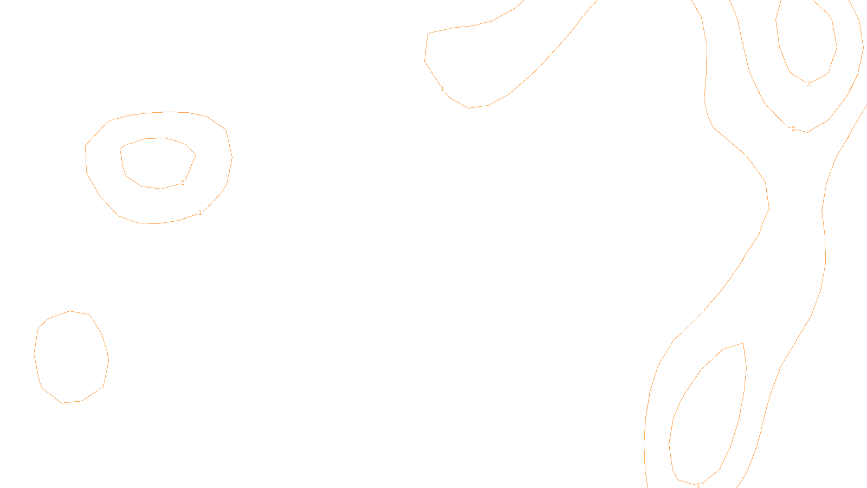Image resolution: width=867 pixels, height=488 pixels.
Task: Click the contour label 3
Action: click(x=808, y=84)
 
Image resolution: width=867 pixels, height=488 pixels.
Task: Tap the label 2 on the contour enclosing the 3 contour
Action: click(x=793, y=129)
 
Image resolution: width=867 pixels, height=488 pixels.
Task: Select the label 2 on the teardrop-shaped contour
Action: click(x=698, y=485)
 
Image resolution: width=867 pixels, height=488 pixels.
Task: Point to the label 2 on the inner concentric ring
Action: click(x=182, y=183)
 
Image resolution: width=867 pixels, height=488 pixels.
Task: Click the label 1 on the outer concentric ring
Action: click(x=200, y=213)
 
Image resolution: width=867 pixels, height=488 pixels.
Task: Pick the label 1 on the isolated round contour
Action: click(x=103, y=386)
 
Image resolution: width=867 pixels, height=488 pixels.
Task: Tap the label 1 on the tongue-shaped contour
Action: click(x=442, y=89)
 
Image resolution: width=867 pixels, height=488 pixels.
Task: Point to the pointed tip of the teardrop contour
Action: click(x=742, y=343)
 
